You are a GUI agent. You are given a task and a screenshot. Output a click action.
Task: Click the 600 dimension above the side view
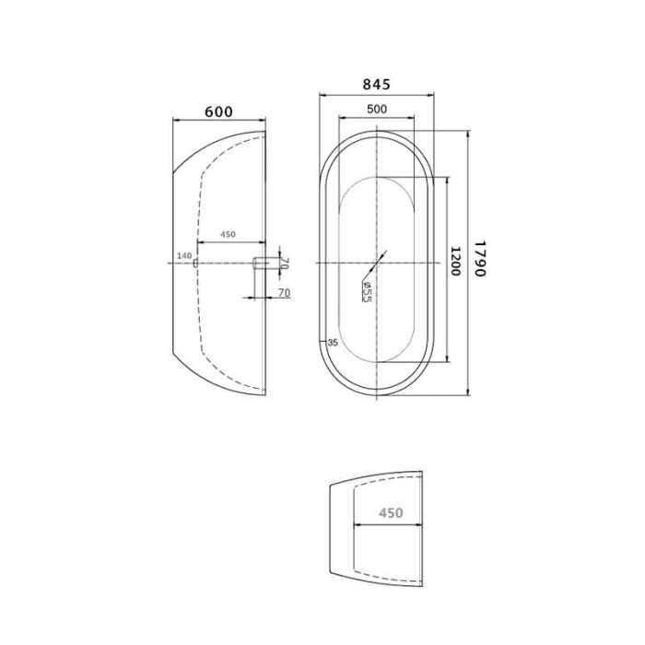(x=218, y=111)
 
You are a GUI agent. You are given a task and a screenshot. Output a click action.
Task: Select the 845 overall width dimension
(x=376, y=84)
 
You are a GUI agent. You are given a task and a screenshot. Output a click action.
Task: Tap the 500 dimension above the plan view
(x=376, y=109)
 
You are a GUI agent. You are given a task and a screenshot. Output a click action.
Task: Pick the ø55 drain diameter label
(x=366, y=290)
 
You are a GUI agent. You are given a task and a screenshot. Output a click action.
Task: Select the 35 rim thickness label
(x=333, y=343)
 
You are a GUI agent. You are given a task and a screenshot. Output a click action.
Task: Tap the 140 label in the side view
(x=182, y=255)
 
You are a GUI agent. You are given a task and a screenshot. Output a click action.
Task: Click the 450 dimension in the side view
(x=228, y=235)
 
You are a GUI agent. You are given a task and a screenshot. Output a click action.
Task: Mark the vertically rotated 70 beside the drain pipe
(x=285, y=264)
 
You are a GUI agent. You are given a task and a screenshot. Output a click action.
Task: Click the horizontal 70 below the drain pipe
(x=285, y=293)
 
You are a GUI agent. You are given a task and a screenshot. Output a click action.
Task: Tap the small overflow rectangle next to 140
(x=196, y=264)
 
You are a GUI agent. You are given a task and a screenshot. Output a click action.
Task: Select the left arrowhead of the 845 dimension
(x=322, y=94)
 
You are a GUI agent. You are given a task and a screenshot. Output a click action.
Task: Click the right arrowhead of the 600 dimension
(x=263, y=121)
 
